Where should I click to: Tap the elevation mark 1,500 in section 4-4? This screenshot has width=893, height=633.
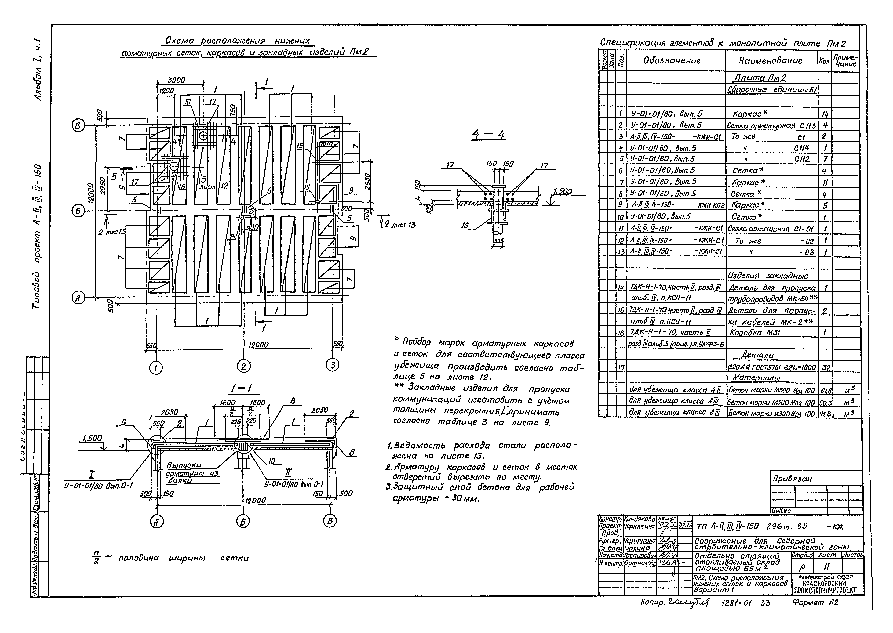point(563,191)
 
